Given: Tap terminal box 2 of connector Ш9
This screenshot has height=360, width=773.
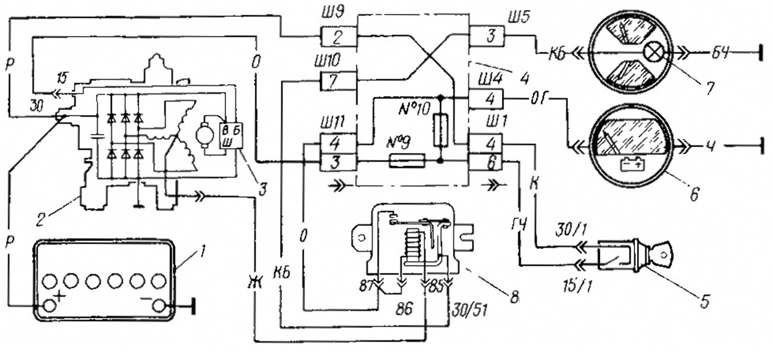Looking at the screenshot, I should coord(337,37).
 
